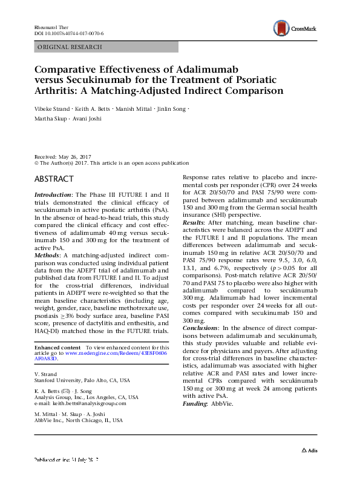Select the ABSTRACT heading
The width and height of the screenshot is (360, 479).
click(54, 179)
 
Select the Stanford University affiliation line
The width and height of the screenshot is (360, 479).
click(82, 381)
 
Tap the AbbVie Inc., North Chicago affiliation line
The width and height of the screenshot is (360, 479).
click(78, 420)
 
